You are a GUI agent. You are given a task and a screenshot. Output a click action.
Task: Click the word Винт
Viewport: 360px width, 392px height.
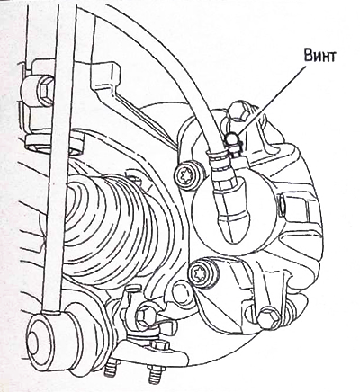(319, 56)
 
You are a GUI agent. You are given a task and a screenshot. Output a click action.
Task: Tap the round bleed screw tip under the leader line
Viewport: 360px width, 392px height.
(231, 138)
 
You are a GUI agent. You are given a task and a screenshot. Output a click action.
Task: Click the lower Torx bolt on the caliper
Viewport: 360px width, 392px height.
(199, 272)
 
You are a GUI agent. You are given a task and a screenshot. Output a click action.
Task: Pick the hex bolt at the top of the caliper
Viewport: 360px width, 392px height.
(240, 113)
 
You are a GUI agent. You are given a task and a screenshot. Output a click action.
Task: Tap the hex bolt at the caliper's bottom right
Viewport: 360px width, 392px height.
(269, 316)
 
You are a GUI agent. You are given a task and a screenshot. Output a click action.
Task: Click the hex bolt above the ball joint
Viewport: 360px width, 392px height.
(147, 315)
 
